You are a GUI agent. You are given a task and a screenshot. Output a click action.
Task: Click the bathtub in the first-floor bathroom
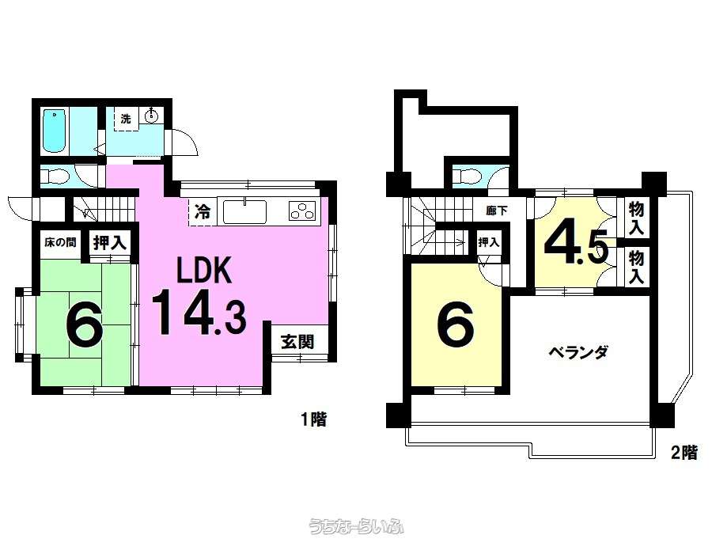click(55, 131)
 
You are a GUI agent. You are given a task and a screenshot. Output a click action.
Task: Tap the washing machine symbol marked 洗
click(126, 119)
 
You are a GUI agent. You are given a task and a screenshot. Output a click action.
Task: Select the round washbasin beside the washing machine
click(151, 116)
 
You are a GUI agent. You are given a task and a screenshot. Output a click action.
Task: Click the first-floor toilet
click(55, 175)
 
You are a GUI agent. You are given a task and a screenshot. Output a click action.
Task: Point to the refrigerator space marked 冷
click(203, 211)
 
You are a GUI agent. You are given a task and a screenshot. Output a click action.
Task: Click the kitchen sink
click(244, 211)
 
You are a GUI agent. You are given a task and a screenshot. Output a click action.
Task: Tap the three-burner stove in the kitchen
click(302, 211)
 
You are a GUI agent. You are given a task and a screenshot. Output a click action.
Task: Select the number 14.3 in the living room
click(199, 313)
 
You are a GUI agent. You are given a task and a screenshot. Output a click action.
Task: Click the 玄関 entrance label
click(297, 341)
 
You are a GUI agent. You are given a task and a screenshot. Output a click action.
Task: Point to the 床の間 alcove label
click(60, 242)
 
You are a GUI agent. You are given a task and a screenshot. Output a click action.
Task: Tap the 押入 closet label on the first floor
click(109, 243)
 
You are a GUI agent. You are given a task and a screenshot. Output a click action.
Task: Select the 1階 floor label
click(314, 419)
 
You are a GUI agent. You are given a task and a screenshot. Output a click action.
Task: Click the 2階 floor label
click(684, 452)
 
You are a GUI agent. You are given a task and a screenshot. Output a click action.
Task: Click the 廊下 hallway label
click(496, 211)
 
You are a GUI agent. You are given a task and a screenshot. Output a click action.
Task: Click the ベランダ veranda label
click(578, 352)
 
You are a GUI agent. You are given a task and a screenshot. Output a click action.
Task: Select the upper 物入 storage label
click(636, 218)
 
